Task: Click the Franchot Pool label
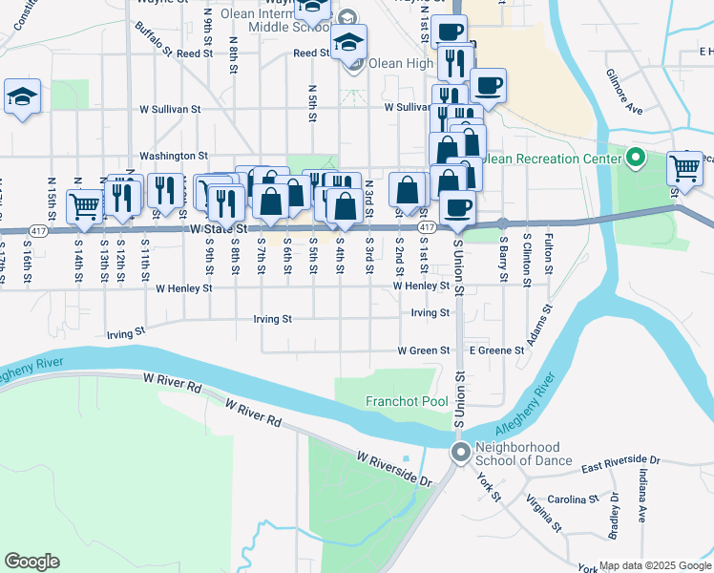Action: pos(407,402)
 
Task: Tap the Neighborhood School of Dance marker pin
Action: pos(461,453)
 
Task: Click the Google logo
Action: pos(31,562)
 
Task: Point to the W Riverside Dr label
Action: pos(394,469)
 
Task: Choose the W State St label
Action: pos(219,229)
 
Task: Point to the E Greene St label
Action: pos(496,350)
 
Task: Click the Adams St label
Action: pos(538,324)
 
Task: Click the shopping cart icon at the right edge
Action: pos(685,168)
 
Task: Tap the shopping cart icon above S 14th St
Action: pos(84,205)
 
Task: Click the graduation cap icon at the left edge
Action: pos(22,96)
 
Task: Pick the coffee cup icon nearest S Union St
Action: pos(457,207)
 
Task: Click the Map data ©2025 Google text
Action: pos(656,565)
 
